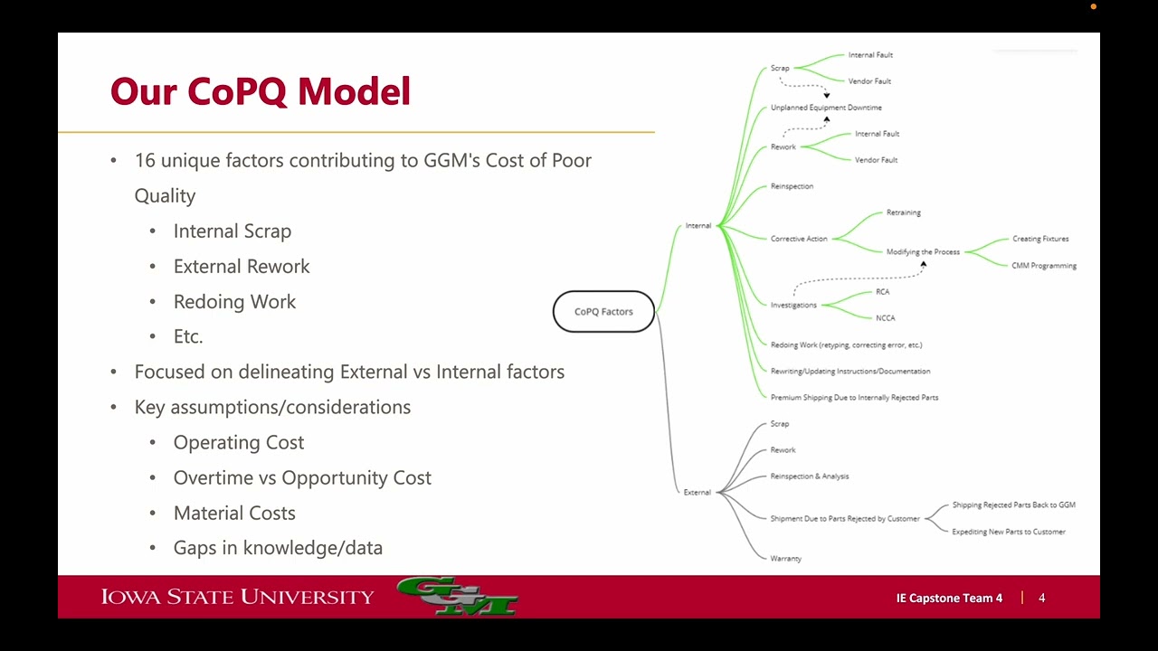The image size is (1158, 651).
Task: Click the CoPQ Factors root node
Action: click(x=603, y=312)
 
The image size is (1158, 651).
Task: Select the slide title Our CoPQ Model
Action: click(x=261, y=92)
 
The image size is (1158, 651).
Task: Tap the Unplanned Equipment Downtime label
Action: click(x=826, y=108)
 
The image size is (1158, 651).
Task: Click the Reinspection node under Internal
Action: click(x=792, y=186)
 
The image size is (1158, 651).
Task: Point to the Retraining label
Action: click(x=903, y=212)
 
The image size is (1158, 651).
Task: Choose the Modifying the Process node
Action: click(x=923, y=252)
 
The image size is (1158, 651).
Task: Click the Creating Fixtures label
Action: click(x=1040, y=239)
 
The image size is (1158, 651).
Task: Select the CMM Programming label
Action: click(x=1044, y=266)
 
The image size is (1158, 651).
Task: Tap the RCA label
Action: click(x=882, y=292)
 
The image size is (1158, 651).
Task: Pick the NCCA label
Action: click(x=885, y=318)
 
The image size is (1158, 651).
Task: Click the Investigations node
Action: click(x=793, y=305)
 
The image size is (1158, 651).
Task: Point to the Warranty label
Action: click(x=785, y=559)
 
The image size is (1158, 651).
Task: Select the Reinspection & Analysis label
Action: click(x=809, y=476)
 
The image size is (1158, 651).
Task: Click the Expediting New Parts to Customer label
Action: click(x=1009, y=532)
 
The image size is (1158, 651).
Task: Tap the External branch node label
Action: click(x=697, y=493)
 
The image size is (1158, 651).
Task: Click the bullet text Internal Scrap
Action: click(x=233, y=231)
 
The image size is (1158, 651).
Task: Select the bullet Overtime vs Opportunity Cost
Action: click(x=302, y=478)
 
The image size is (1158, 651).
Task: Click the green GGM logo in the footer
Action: click(x=457, y=597)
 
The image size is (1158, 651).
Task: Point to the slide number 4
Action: click(x=1041, y=599)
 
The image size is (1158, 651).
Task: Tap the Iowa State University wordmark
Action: click(x=237, y=597)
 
